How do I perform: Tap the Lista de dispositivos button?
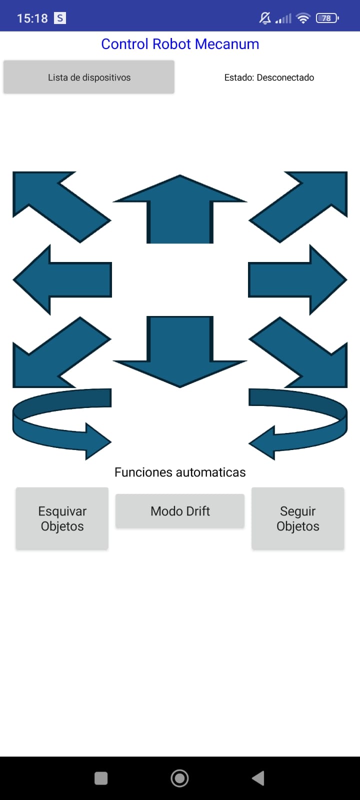pyautogui.click(x=89, y=77)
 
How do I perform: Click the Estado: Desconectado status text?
pyautogui.click(x=269, y=77)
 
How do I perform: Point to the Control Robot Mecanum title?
pyautogui.click(x=180, y=44)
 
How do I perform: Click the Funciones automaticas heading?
pyautogui.click(x=180, y=472)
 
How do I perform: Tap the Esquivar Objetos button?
pyautogui.click(x=62, y=518)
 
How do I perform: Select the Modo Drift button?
pyautogui.click(x=180, y=511)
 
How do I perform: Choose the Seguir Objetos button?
pyautogui.click(x=298, y=518)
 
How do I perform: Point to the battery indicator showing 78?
pyautogui.click(x=327, y=18)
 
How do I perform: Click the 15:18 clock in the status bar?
pyautogui.click(x=32, y=18)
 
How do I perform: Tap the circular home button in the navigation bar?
pyautogui.click(x=179, y=778)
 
